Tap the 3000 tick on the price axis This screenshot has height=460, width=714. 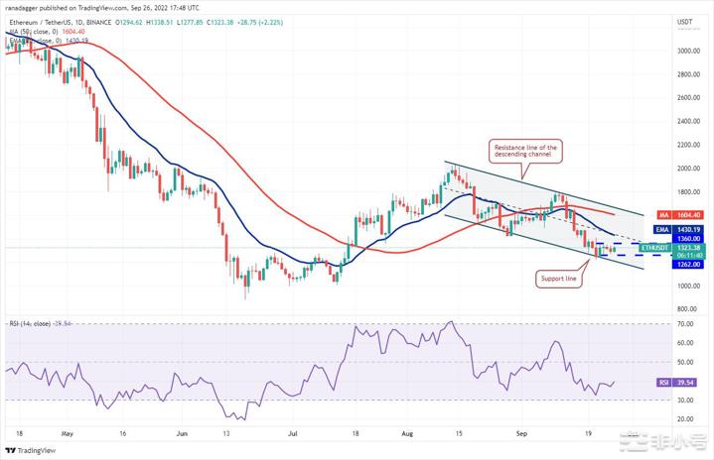pyautogui.click(x=685, y=50)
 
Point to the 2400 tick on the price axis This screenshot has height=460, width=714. pyautogui.click(x=685, y=121)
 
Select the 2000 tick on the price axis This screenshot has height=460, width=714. pyautogui.click(x=685, y=168)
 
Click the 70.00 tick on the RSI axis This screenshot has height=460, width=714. pyautogui.click(x=684, y=323)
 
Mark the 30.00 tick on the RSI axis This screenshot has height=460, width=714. pyautogui.click(x=684, y=400)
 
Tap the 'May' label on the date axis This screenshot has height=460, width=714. pyautogui.click(x=67, y=432)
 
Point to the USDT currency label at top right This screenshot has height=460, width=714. pyautogui.click(x=684, y=21)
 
